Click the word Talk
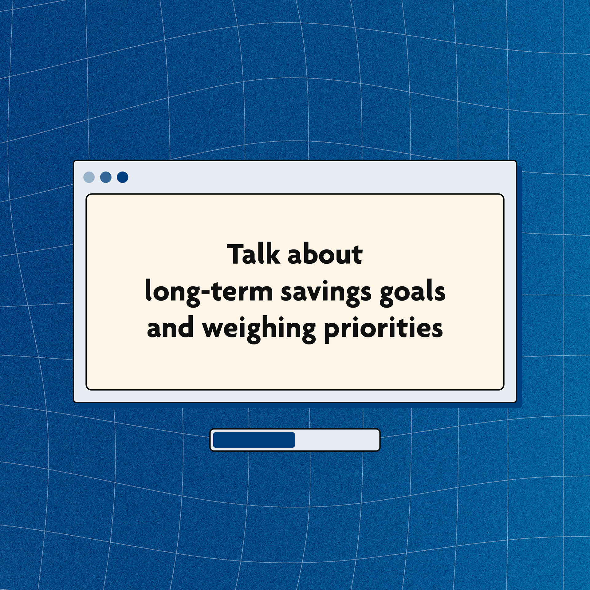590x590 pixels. [254, 254]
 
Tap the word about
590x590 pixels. [325, 254]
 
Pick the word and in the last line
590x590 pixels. [170, 327]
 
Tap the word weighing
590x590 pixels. [259, 329]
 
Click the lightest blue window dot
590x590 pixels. [89, 177]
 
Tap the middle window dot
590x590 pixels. [106, 177]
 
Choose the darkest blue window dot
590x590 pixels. [123, 177]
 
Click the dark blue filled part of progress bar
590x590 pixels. [254, 440]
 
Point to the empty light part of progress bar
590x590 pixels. [336, 440]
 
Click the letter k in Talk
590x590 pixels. [273, 254]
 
